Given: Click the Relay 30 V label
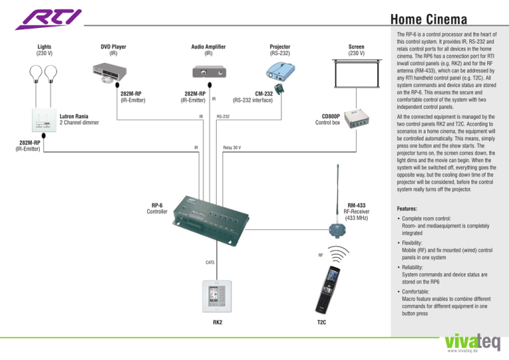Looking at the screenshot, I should pyautogui.click(x=231, y=147).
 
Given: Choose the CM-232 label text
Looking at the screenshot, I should pyautogui.click(x=264, y=94).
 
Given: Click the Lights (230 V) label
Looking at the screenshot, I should pyautogui.click(x=44, y=50).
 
